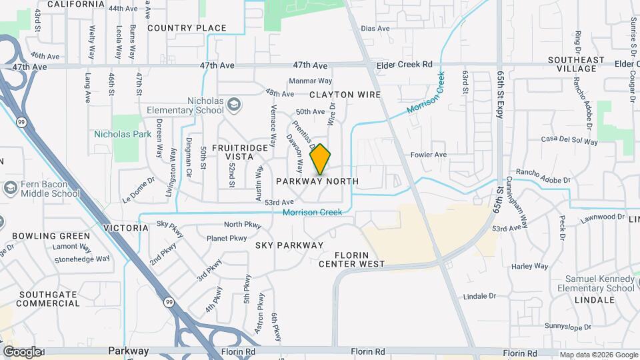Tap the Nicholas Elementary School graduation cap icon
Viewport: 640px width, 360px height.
pos(233,104)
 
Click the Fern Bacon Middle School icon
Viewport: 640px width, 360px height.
pos(10,188)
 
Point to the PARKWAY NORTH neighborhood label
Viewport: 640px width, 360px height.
pos(317,181)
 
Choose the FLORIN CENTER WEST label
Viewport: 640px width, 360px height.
pos(351,259)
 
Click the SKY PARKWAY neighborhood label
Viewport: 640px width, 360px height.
pos(289,245)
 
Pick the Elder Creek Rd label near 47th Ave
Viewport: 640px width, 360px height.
pos(405,65)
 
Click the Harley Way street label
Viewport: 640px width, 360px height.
pos(531,266)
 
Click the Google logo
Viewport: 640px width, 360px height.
pos(21,352)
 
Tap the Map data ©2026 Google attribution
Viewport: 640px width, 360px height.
pos(599,355)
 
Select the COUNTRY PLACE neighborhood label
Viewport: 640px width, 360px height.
pos(187,28)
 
